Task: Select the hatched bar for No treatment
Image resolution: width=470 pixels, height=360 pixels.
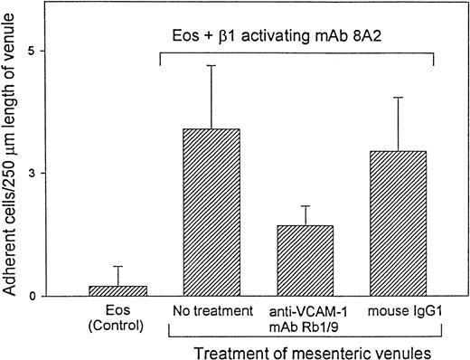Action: pyautogui.click(x=211, y=213)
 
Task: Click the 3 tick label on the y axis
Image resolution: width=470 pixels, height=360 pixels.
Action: pyautogui.click(x=58, y=173)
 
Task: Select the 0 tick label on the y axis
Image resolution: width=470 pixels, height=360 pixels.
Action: pyautogui.click(x=58, y=296)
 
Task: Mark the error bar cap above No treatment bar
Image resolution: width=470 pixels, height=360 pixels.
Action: pyautogui.click(x=211, y=65)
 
